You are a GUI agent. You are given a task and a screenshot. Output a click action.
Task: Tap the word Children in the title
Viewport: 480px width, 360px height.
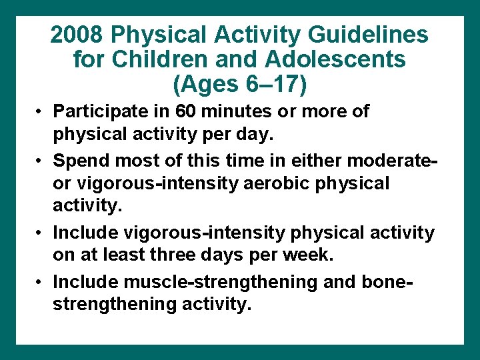click(156, 60)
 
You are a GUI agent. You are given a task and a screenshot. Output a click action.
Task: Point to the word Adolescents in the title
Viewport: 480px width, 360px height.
click(335, 60)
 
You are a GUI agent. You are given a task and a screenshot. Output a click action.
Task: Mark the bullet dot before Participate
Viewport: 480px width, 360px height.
click(41, 112)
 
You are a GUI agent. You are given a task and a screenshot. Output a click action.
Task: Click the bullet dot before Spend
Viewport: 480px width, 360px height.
click(41, 161)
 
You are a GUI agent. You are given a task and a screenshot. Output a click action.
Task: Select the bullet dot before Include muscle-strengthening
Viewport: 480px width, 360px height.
click(41, 283)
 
